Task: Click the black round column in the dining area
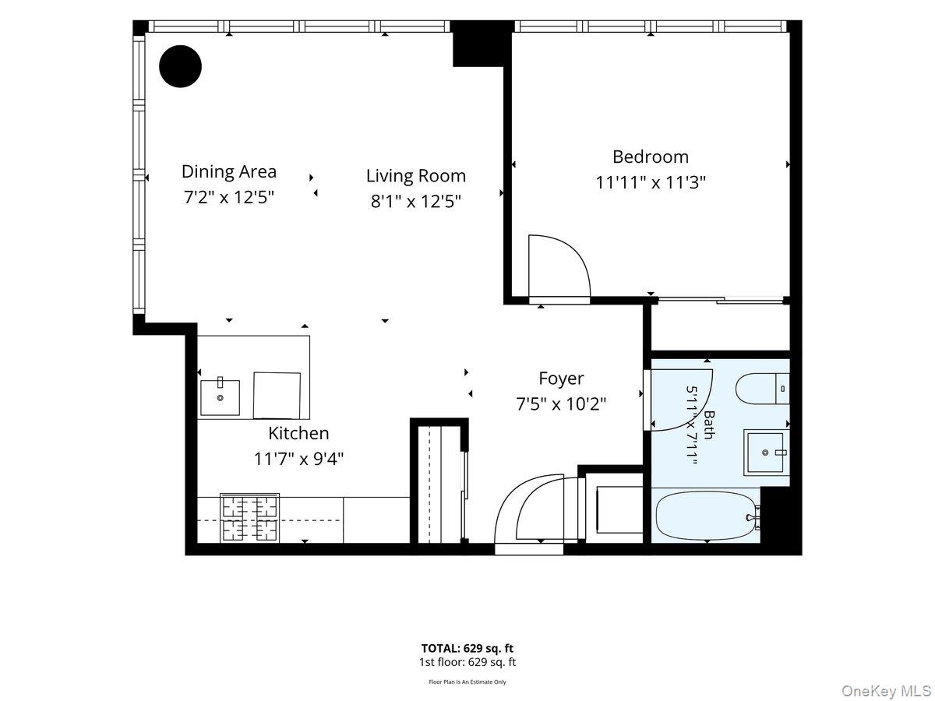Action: pyautogui.click(x=180, y=66)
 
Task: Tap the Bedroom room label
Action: pyautogui.click(x=651, y=157)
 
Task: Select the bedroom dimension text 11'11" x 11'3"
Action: pyautogui.click(x=651, y=182)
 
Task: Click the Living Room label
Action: pyautogui.click(x=416, y=176)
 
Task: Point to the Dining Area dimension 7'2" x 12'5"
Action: pyautogui.click(x=229, y=197)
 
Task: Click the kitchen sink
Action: pyautogui.click(x=220, y=396)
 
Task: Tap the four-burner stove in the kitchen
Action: pyautogui.click(x=249, y=517)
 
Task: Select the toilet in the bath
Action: pyautogui.click(x=763, y=389)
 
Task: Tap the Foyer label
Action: pyautogui.click(x=561, y=379)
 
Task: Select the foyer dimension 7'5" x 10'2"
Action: pyautogui.click(x=561, y=404)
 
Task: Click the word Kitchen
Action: pyautogui.click(x=298, y=433)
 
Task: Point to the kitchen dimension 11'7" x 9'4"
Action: pyautogui.click(x=298, y=460)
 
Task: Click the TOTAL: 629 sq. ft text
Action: pyautogui.click(x=467, y=648)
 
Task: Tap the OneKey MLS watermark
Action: pyautogui.click(x=886, y=690)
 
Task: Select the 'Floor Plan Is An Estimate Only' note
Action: pyautogui.click(x=467, y=682)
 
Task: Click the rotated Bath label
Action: pyautogui.click(x=709, y=424)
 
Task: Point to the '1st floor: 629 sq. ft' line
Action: pyautogui.click(x=467, y=662)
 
